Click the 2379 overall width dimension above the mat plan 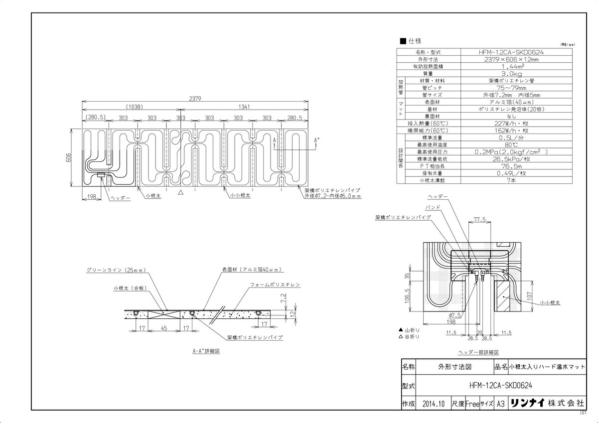[195, 99]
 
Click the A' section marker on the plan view [316, 141]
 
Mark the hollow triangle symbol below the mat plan [181, 191]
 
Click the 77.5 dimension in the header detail [479, 219]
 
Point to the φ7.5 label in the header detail [454, 315]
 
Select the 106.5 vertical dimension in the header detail [408, 296]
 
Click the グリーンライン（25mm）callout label [115, 270]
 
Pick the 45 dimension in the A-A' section [164, 328]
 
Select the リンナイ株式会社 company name [546, 404]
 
